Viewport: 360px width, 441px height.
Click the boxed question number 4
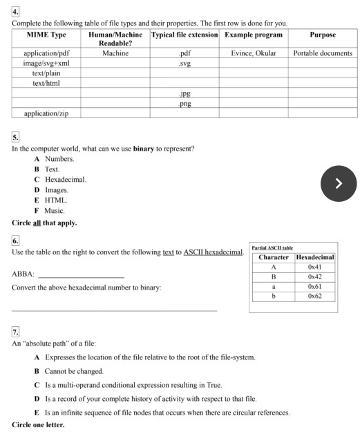click(x=15, y=12)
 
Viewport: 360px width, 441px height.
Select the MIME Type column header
click(x=46, y=35)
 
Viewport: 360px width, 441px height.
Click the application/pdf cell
click(x=46, y=53)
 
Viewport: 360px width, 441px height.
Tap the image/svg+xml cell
click(x=46, y=63)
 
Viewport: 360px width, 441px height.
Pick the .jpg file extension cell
click(x=184, y=93)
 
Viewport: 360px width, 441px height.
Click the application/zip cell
click(x=46, y=113)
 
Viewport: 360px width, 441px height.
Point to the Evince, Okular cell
click(x=253, y=53)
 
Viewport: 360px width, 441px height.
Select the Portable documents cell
click(x=323, y=53)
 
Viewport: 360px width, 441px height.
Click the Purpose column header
click(x=323, y=35)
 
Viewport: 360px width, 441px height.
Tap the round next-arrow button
click(x=338, y=183)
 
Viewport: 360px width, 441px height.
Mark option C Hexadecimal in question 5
click(x=65, y=180)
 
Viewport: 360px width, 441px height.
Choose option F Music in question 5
click(x=54, y=210)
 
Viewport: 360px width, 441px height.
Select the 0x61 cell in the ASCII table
click(x=315, y=286)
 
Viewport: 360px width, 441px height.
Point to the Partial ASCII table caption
click(x=272, y=247)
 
